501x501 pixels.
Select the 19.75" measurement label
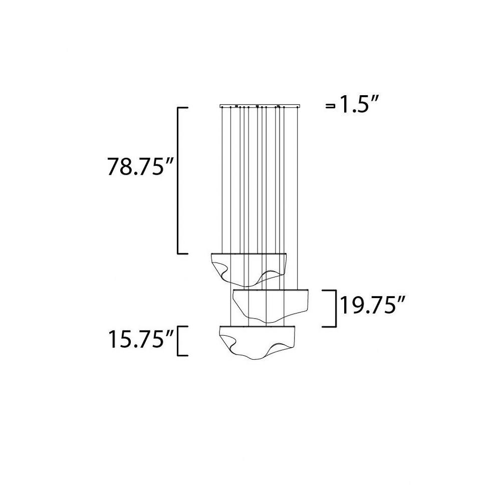(373, 306)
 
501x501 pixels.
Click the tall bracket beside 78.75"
(178, 181)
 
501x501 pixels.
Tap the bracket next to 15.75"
(178, 341)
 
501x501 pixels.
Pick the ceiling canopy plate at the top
(260, 105)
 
